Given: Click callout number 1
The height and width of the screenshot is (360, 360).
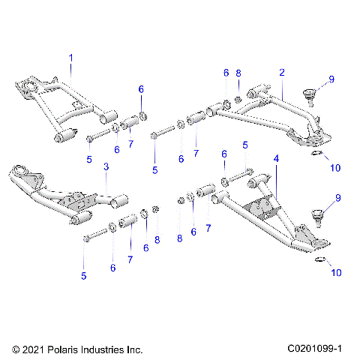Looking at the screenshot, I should click(71, 58).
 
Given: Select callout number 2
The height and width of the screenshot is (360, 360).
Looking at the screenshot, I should click(282, 73).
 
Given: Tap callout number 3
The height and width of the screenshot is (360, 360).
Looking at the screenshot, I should click(106, 166).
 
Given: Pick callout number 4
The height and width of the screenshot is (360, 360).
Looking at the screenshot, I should click(276, 159).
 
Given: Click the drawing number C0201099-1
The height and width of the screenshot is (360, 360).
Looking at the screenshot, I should click(314, 349).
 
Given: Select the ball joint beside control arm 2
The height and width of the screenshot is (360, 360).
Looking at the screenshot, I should click(308, 97).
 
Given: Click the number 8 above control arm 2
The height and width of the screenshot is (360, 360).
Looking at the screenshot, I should click(238, 73).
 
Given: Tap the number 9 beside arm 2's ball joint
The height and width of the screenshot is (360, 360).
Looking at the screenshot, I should click(331, 79).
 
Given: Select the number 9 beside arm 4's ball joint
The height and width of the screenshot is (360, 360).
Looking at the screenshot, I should click(337, 197).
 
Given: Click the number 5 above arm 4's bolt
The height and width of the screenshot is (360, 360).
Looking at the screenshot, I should click(244, 144).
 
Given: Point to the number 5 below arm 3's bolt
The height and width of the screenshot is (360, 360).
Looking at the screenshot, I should click(84, 276).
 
